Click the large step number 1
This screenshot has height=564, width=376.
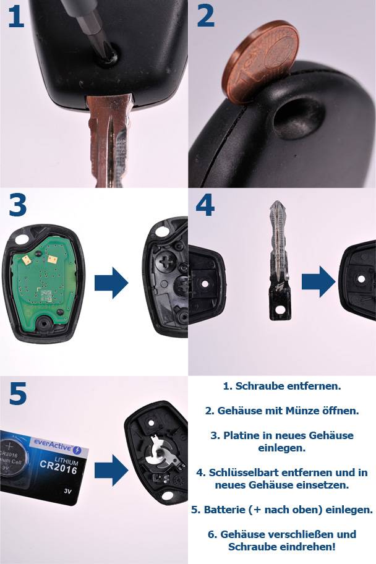(16, 17)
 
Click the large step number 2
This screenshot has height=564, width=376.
(205, 17)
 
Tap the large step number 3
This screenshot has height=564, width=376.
(17, 205)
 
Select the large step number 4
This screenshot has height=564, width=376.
(205, 205)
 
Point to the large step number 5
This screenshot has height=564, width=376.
(18, 394)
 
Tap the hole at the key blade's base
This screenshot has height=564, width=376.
(277, 311)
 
